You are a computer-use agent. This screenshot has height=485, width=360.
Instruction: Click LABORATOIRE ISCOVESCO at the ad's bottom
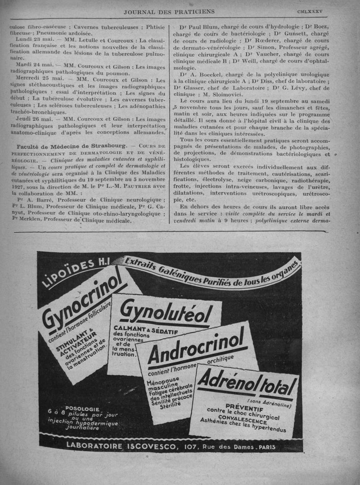[x=123, y=446]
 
